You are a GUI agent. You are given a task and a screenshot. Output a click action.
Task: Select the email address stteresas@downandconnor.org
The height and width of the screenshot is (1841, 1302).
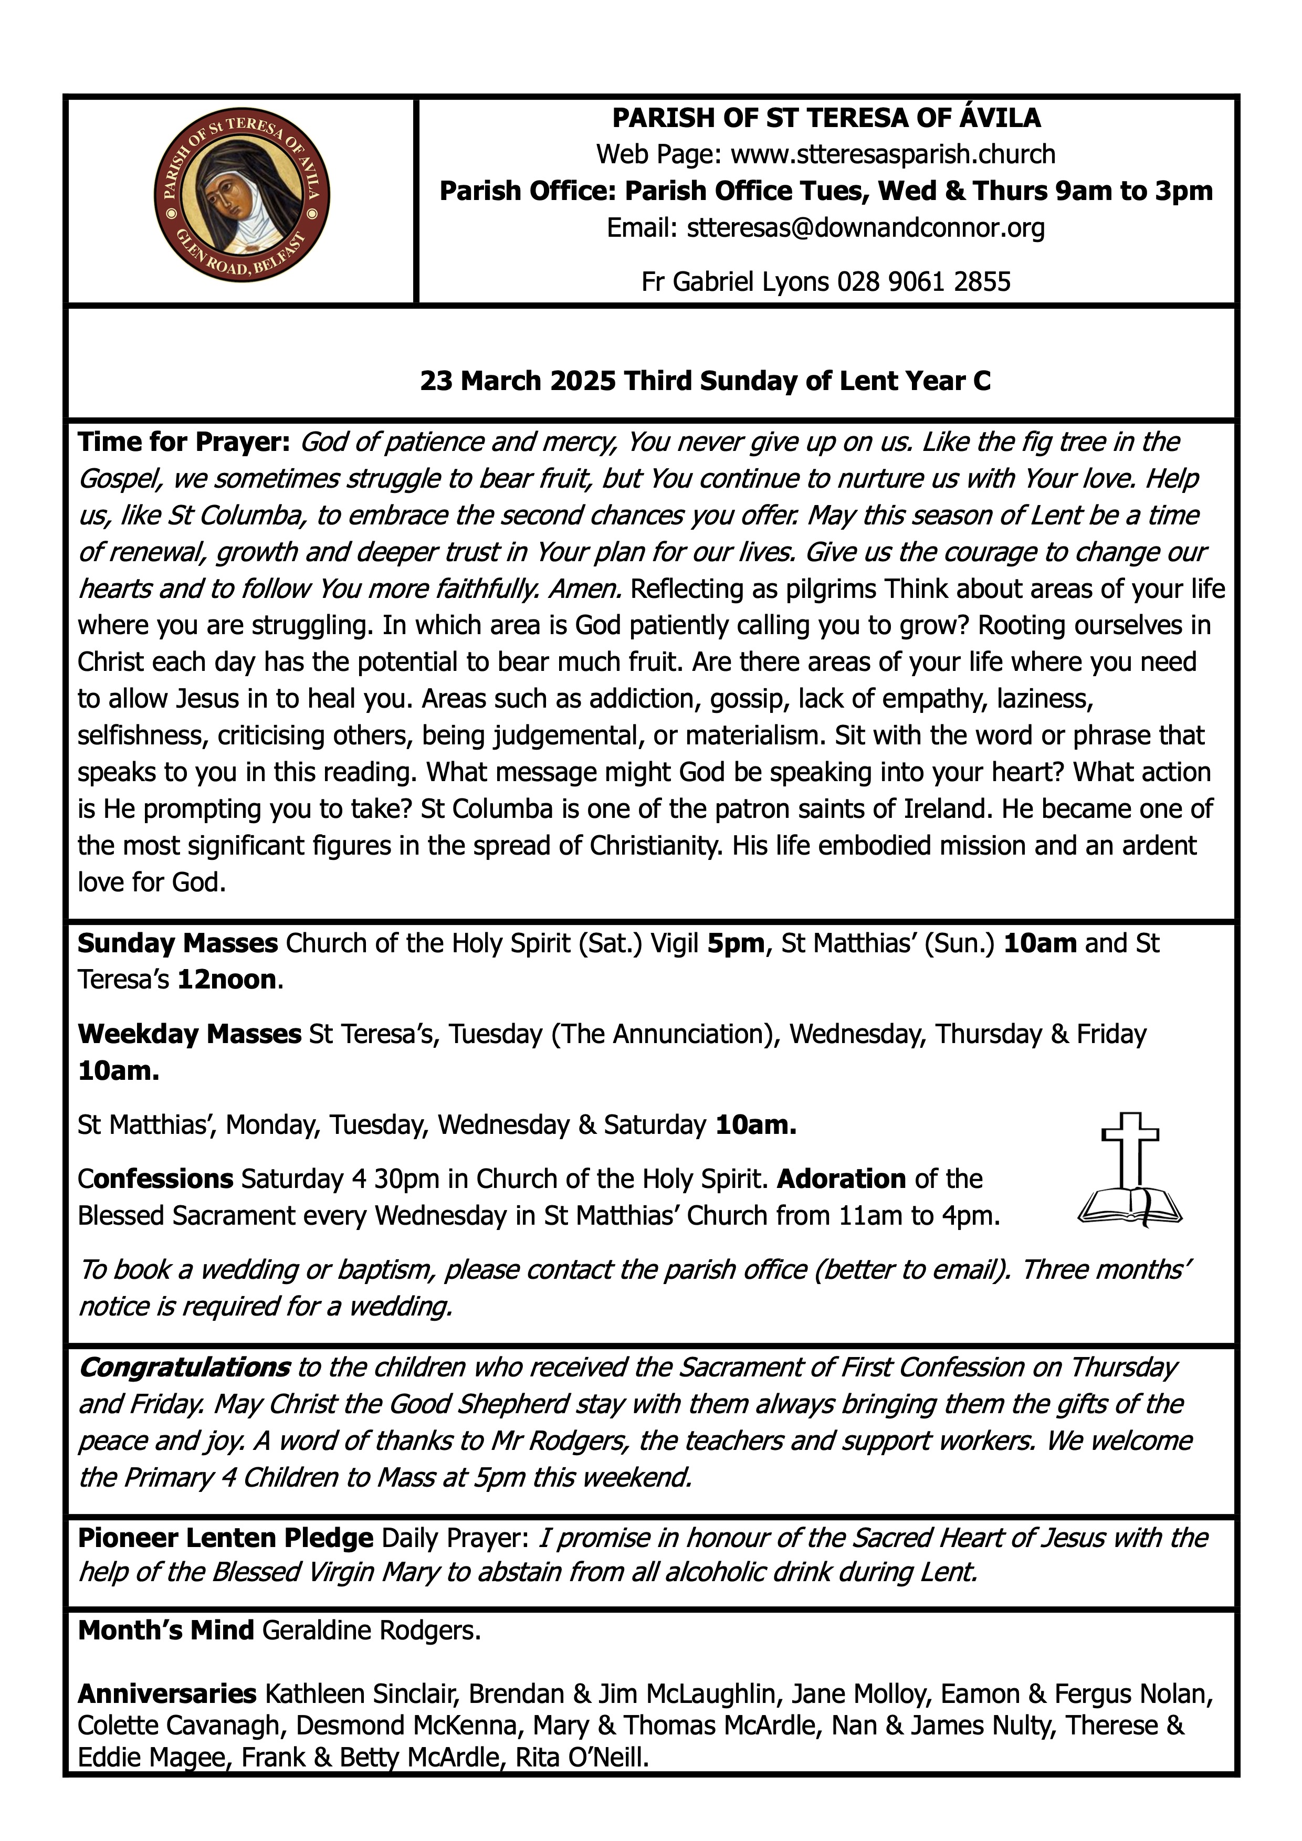(866, 228)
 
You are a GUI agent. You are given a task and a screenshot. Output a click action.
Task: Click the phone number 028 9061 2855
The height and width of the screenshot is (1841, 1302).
(923, 281)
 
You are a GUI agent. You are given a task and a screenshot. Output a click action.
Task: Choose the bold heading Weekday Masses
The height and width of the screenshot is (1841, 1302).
(189, 1034)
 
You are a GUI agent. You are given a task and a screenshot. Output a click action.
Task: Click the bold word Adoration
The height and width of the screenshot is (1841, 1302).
(841, 1179)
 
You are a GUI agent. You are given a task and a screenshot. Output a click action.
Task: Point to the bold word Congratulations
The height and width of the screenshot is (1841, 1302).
(184, 1367)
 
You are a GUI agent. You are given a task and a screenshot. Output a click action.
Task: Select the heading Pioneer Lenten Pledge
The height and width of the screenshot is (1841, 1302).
(225, 1538)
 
